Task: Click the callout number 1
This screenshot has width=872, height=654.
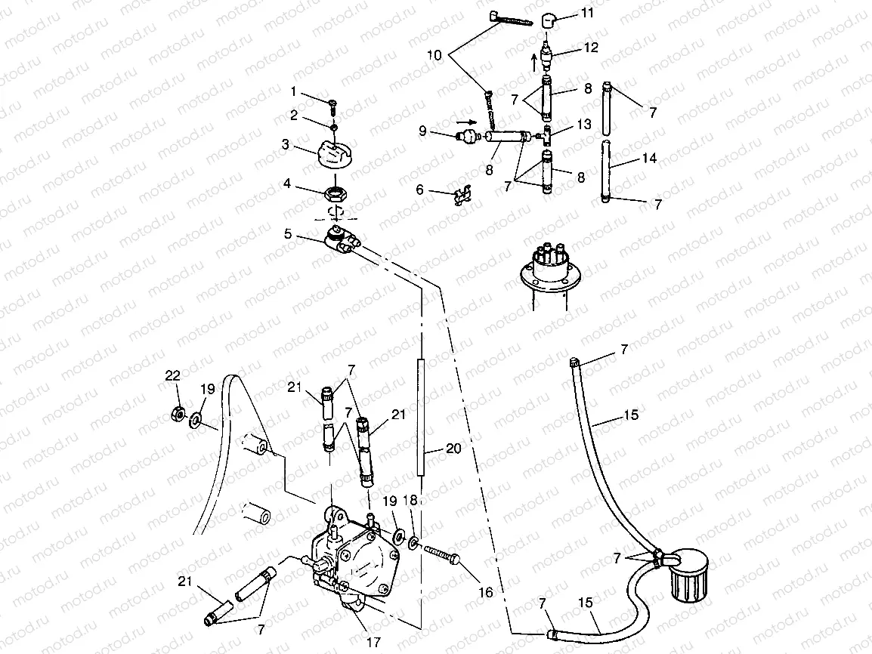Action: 295,92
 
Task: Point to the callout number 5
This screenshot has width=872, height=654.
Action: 288,234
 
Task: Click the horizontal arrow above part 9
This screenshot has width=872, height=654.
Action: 468,120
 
